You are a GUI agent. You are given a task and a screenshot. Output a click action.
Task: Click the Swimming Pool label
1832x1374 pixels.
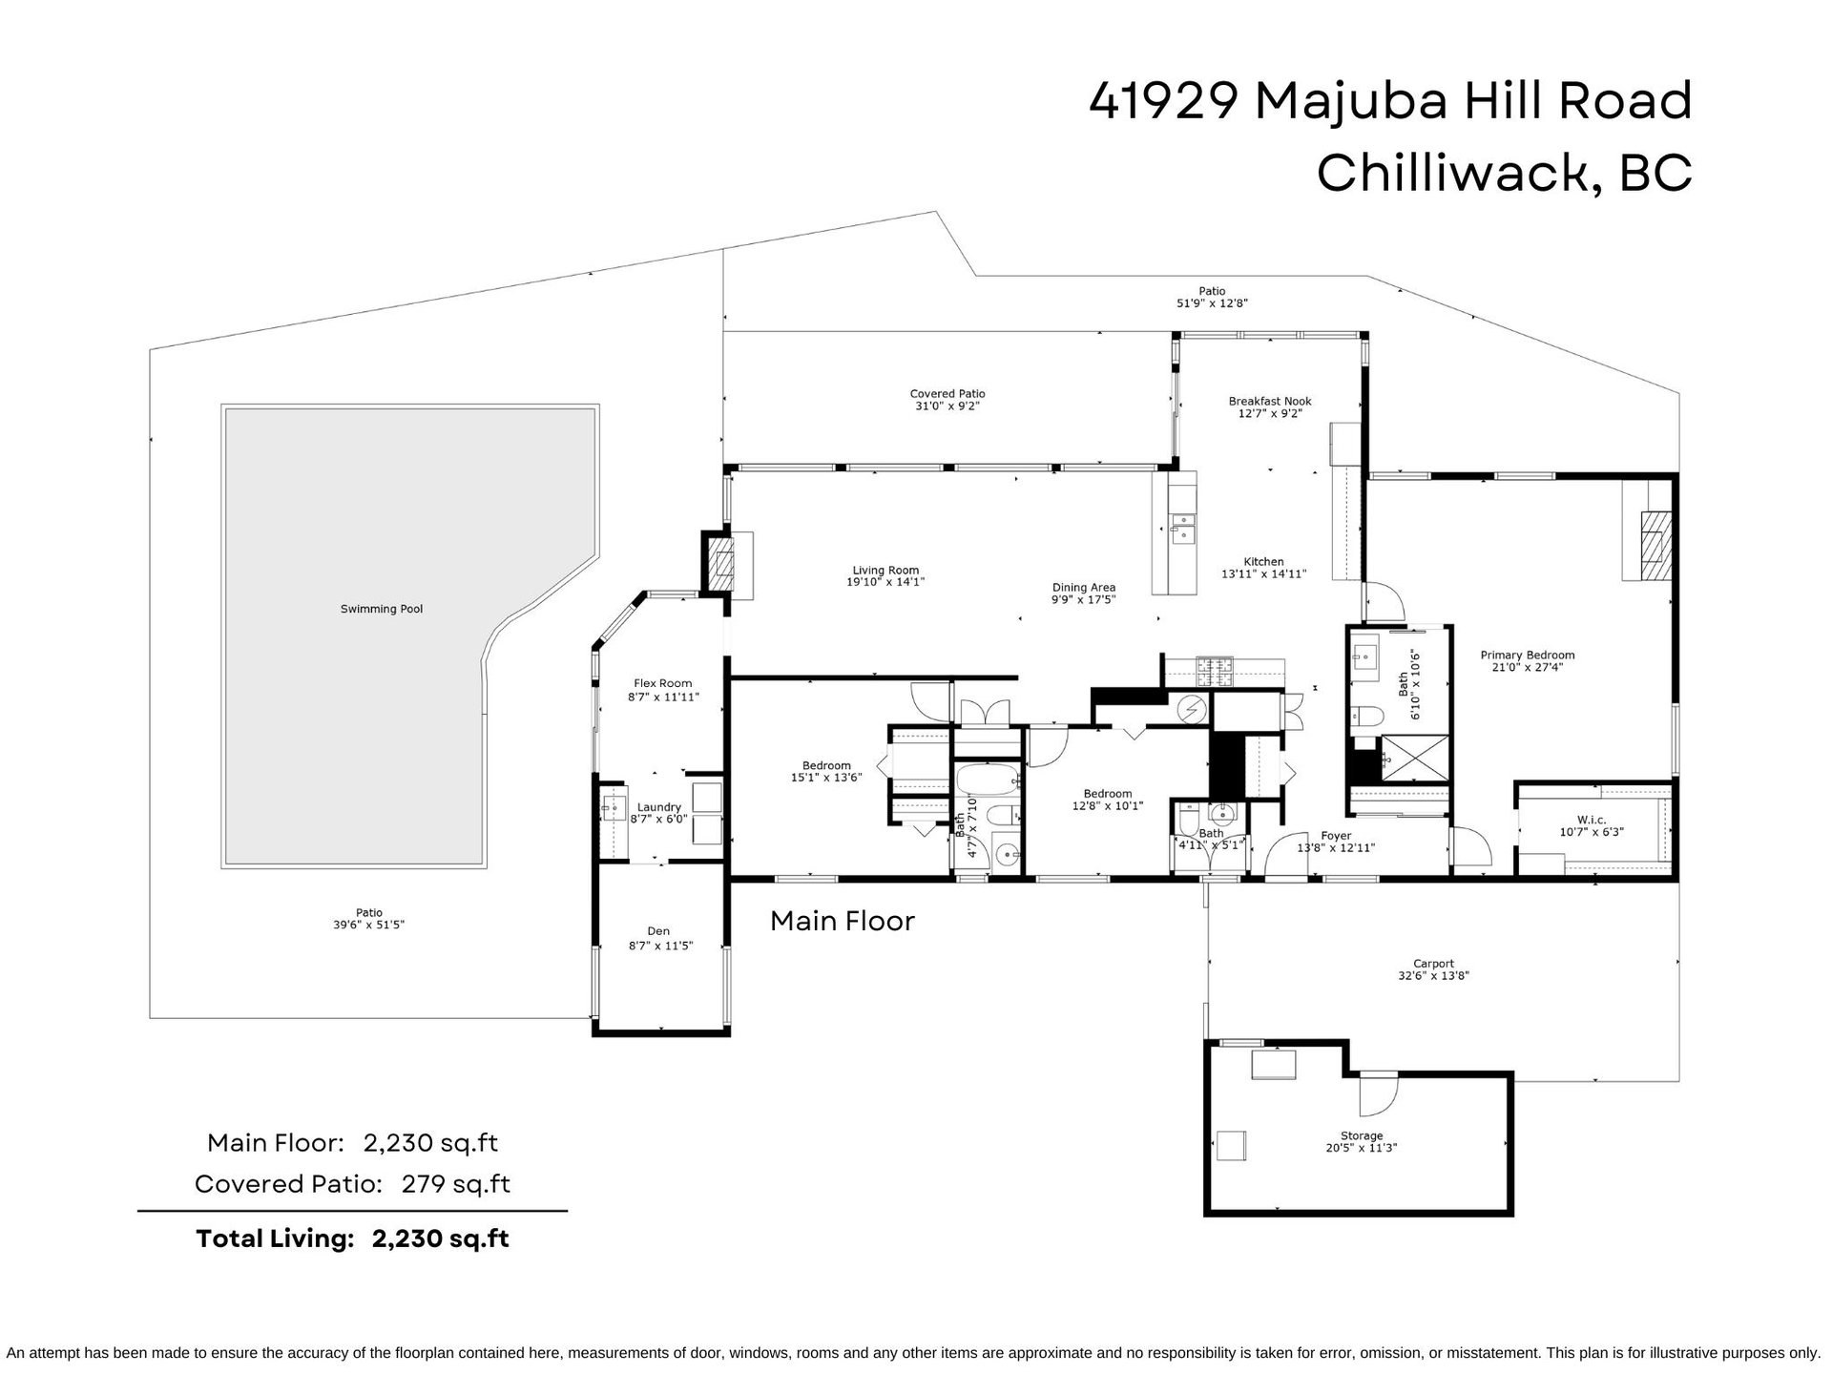pyautogui.click(x=382, y=609)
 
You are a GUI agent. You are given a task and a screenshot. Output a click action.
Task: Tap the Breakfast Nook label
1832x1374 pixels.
pyautogui.click(x=1270, y=402)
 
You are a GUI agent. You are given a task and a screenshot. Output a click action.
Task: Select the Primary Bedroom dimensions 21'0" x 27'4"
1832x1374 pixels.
pyautogui.click(x=1527, y=668)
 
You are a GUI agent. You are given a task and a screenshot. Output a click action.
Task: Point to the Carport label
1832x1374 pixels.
pyautogui.click(x=1433, y=964)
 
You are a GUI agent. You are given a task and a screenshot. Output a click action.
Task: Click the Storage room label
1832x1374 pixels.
pyautogui.click(x=1362, y=1135)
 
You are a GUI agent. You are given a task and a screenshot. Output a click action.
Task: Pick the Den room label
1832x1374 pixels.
pyautogui.click(x=658, y=931)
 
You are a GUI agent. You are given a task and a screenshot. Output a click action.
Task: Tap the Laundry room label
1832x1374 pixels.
pyautogui.click(x=658, y=807)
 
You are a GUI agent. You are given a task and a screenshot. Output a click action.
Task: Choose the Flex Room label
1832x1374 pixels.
pyautogui.click(x=663, y=683)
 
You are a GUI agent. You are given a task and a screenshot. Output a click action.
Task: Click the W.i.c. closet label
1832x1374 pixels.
pyautogui.click(x=1592, y=820)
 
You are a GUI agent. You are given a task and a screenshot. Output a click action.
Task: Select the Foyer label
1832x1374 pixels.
pyautogui.click(x=1336, y=836)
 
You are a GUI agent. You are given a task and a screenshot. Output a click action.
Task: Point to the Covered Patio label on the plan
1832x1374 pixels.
pyautogui.click(x=947, y=393)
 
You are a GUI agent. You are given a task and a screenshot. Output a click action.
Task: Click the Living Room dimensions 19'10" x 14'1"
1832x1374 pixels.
pyautogui.click(x=885, y=582)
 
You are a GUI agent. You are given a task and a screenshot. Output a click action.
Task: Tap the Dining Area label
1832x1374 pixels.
pyautogui.click(x=1084, y=588)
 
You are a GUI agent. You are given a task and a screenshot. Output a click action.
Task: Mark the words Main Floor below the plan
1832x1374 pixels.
pyautogui.click(x=843, y=921)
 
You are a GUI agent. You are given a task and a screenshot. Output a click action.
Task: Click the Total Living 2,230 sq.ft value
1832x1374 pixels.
pyautogui.click(x=440, y=1239)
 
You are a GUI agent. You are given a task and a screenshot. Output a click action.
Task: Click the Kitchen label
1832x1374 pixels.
pyautogui.click(x=1263, y=562)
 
